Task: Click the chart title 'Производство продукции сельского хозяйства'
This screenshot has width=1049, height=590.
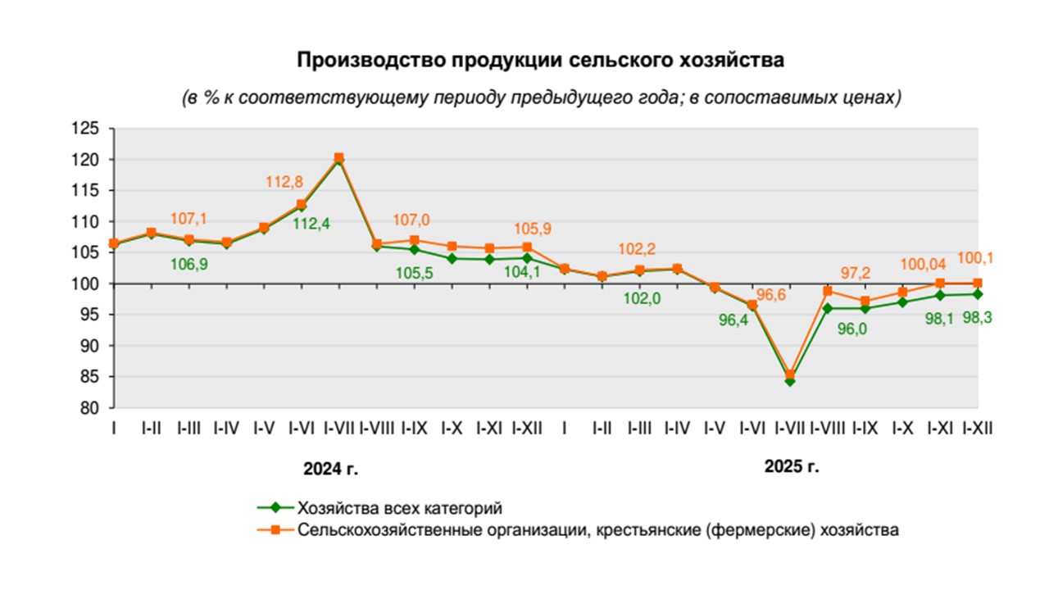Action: (x=540, y=61)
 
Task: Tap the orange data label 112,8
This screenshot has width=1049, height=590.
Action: (x=284, y=183)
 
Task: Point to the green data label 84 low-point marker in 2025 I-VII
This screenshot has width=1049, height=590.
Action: (x=790, y=381)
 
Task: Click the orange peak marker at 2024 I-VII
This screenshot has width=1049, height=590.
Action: (x=339, y=157)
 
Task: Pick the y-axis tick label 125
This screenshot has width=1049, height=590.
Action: (x=85, y=129)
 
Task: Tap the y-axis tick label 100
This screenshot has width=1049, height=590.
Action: (x=85, y=284)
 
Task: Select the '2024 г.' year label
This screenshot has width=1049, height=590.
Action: (x=331, y=470)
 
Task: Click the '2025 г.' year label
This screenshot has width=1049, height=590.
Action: (x=792, y=468)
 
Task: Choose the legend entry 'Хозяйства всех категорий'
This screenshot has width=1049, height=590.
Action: (x=399, y=506)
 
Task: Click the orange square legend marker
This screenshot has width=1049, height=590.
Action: (x=276, y=529)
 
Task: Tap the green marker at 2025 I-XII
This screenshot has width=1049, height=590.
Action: (x=977, y=294)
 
